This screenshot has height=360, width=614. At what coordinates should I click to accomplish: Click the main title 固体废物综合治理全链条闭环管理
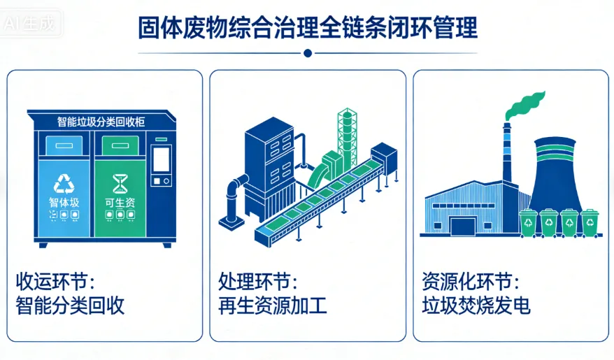point(308,28)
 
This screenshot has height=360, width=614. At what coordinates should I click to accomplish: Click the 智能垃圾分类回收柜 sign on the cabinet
point(101,121)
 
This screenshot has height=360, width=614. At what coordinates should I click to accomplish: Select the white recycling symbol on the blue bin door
point(64,184)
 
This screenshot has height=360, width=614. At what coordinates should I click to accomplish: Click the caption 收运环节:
point(56,282)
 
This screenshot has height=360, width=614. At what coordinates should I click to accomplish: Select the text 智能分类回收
point(70,305)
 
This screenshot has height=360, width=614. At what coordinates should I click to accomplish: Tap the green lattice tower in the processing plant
point(347,136)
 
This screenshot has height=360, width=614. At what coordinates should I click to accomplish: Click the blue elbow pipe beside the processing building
point(233,196)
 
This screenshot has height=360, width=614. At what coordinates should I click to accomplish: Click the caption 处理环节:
point(259,282)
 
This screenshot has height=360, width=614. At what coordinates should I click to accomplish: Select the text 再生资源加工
point(273,305)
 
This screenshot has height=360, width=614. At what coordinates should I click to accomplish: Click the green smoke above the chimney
point(524,105)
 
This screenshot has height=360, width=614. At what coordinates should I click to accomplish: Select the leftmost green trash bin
point(529,222)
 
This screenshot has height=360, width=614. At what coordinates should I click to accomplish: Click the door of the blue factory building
point(462,225)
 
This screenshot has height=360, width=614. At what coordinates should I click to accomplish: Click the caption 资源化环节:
point(471,282)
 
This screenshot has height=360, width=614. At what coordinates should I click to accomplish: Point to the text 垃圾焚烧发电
point(476,305)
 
